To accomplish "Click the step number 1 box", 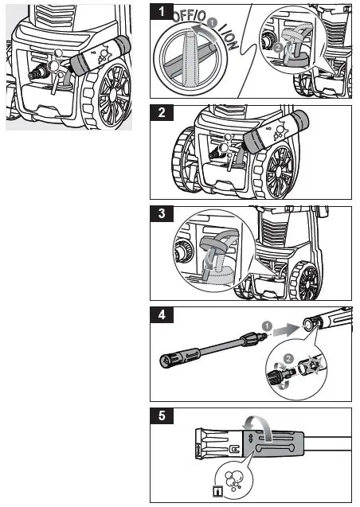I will click(162, 13).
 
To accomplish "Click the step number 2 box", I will click(162, 112).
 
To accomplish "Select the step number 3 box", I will click(162, 213).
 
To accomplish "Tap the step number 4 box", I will click(162, 314).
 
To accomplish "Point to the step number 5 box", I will click(162, 415).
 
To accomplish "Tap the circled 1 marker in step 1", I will click(212, 33).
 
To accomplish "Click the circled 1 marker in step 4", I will click(268, 326).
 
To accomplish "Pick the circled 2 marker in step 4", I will click(290, 358).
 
